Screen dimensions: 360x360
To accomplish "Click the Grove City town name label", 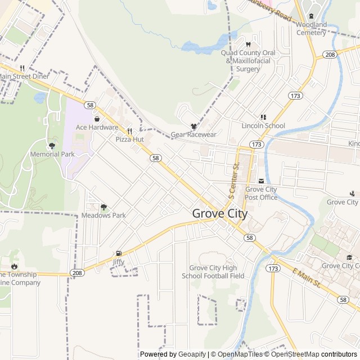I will (x=219, y=214).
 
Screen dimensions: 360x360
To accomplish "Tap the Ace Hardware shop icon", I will (x=97, y=119).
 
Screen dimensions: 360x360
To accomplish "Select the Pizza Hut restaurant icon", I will (x=129, y=131).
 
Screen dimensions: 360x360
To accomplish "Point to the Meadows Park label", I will (x=103, y=215).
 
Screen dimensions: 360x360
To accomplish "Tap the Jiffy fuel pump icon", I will (x=118, y=254).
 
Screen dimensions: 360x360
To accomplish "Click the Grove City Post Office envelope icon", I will (x=260, y=181).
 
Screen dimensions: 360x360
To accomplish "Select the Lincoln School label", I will (x=263, y=126).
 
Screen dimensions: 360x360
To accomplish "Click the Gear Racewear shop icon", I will (x=193, y=127).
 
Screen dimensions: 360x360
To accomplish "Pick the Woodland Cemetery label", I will (x=311, y=29).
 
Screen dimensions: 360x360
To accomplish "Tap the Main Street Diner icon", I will (x=22, y=68).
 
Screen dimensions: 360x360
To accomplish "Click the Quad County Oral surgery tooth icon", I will (x=247, y=44).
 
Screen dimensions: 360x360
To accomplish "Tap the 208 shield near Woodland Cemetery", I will (x=330, y=55).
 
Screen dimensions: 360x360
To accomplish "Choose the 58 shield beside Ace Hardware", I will (x=90, y=105).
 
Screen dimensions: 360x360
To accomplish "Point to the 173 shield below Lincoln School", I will (x=256, y=145).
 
